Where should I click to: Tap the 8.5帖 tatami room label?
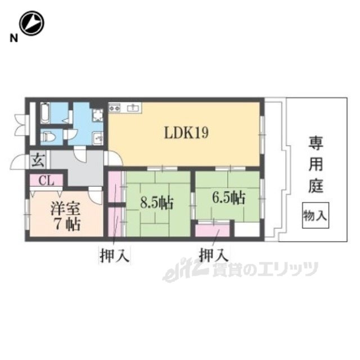[x=156, y=203]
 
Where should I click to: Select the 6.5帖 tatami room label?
[x=229, y=197]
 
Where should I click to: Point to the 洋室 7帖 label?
[x=66, y=216]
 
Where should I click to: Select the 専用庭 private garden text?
[x=316, y=164]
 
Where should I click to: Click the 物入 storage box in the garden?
[x=316, y=215]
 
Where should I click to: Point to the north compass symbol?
[x=31, y=23]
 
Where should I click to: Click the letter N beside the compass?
[x=13, y=38]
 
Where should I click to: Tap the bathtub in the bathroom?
[x=45, y=113]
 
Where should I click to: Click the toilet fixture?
[x=48, y=137]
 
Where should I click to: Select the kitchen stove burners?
[x=115, y=108]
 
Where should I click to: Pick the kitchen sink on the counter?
[x=133, y=107]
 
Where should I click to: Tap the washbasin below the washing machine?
[x=98, y=138]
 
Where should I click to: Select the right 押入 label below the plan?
[x=214, y=255]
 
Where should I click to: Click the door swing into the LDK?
[x=114, y=158]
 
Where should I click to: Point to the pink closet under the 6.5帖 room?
[x=213, y=230]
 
